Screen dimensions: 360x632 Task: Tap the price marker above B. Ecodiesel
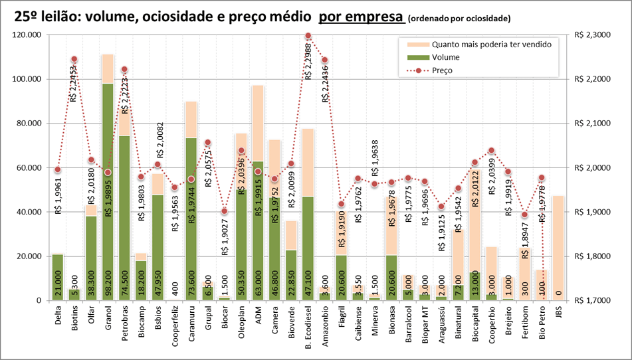pos(308,35)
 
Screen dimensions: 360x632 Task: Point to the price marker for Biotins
pos(74,59)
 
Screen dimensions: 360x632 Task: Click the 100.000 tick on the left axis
pos(25,79)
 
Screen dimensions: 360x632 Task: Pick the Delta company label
pos(58,315)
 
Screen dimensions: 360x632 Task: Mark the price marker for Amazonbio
pos(325,60)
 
